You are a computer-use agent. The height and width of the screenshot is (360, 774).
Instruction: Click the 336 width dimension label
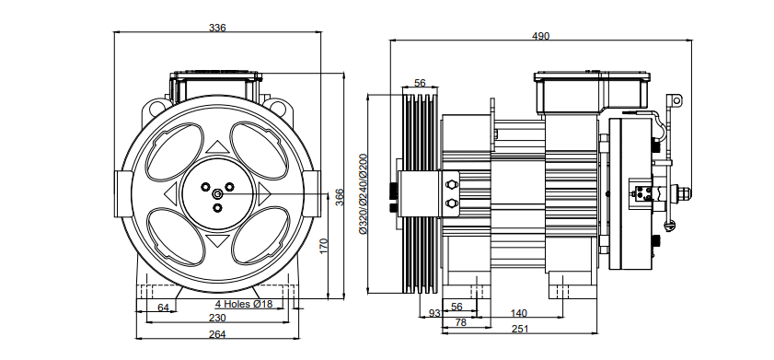217,28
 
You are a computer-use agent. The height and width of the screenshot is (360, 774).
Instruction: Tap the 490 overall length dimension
540,36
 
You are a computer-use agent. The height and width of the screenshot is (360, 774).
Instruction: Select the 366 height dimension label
340,198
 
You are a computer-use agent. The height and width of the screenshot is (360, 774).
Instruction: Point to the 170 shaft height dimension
324,246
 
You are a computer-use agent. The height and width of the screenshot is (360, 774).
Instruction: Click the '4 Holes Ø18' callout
243,304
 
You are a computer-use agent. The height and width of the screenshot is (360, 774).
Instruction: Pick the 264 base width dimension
217,334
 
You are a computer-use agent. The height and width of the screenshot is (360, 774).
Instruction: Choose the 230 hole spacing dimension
217,318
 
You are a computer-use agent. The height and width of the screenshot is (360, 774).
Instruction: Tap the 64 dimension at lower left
163,308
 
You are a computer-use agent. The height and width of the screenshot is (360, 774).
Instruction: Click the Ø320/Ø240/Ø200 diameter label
364,193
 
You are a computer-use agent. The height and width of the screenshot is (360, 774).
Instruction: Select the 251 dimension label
520,329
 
